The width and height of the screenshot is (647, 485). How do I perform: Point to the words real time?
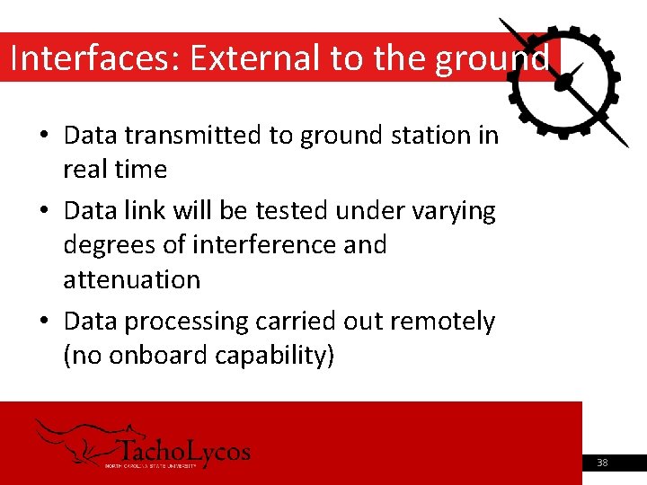pyautogui.click(x=115, y=169)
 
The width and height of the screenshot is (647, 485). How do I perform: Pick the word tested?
pyautogui.click(x=293, y=211)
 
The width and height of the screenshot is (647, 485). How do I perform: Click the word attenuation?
pyautogui.click(x=131, y=279)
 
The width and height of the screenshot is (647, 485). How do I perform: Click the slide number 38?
pyautogui.click(x=601, y=463)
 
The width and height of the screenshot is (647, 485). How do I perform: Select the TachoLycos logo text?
pyautogui.click(x=184, y=451)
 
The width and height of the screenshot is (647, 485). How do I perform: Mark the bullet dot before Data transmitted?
pyautogui.click(x=44, y=137)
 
